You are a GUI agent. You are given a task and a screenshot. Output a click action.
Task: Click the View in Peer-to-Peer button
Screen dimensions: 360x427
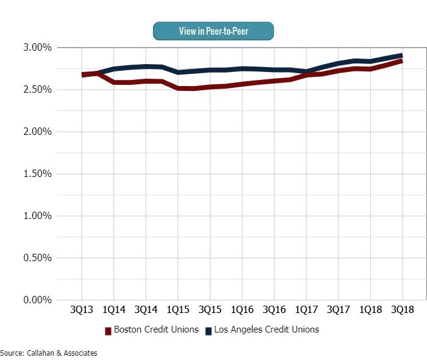click(213, 31)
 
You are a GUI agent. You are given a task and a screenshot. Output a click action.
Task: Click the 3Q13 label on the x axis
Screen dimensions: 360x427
click(82, 310)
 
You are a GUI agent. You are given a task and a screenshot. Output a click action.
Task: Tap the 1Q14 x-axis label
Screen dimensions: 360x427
click(114, 310)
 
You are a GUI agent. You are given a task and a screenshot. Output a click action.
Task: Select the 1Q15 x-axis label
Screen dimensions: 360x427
click(178, 310)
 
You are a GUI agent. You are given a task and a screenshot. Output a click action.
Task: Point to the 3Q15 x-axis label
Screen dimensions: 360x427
click(210, 310)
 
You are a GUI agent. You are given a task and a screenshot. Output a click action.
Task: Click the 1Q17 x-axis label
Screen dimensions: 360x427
click(306, 310)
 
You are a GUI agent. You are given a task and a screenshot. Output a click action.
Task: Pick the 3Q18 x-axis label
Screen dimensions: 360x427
click(403, 310)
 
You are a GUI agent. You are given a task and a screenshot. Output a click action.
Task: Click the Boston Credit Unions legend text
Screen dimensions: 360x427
click(157, 330)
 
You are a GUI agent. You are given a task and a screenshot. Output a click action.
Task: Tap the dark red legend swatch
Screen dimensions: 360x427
click(109, 331)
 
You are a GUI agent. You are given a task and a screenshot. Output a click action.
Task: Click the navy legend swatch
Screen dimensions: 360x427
click(208, 331)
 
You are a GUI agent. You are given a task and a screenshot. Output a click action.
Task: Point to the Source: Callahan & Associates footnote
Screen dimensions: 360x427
click(49, 353)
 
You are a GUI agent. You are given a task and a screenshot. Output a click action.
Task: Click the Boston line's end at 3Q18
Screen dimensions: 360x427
click(402, 60)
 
